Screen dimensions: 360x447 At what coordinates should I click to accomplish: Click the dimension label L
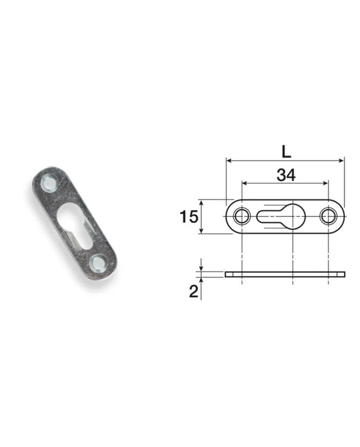(x=286, y=151)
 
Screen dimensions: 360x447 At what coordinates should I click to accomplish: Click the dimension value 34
(x=286, y=175)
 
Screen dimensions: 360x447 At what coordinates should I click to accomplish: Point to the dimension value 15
(x=188, y=217)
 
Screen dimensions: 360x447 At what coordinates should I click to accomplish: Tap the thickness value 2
(x=193, y=291)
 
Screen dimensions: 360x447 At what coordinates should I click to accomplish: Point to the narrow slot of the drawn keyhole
(x=269, y=217)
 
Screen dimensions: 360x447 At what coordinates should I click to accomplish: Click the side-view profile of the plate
(x=285, y=274)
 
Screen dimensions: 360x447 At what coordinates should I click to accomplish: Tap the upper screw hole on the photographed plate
(x=50, y=183)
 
